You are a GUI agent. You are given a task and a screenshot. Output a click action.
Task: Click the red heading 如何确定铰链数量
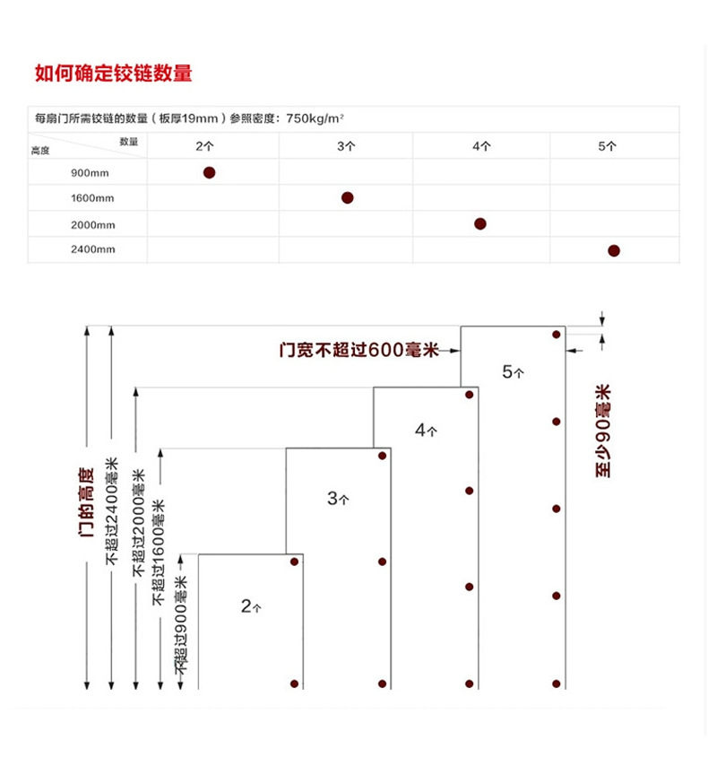[x=113, y=74]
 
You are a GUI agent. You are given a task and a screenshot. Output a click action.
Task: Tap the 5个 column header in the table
[x=607, y=145]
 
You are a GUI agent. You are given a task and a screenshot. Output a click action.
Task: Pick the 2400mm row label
[x=93, y=250]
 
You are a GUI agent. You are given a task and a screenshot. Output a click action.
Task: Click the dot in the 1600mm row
[x=347, y=197]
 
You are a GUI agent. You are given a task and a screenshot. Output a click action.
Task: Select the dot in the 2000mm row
[x=480, y=223]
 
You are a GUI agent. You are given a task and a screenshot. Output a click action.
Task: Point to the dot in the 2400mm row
[x=614, y=250]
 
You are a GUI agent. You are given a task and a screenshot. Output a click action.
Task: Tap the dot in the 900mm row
[x=209, y=172]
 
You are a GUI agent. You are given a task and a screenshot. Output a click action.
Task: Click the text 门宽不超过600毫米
[x=358, y=351]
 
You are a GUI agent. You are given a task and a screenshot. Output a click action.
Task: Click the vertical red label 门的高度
[x=87, y=502]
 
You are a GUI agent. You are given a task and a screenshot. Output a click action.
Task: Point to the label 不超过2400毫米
[x=112, y=511]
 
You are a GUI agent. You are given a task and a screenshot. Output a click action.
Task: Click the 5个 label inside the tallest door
[x=513, y=371]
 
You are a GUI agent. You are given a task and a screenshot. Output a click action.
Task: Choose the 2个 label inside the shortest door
[x=251, y=606]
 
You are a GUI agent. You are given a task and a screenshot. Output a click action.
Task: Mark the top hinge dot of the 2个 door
[x=294, y=562]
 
